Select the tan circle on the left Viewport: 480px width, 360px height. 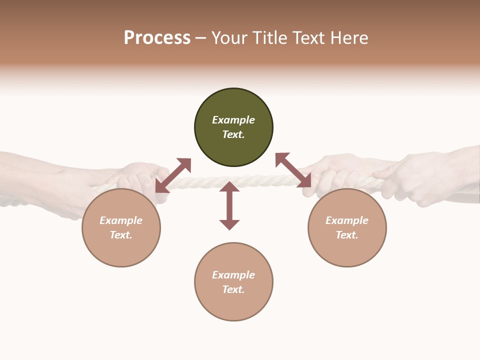pos(121,227)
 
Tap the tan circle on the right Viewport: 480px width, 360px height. pos(347,227)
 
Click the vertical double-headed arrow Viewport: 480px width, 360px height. pos(229,205)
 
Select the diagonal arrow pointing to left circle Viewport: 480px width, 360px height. pos(173,175)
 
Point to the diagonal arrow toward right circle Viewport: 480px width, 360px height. pos(293,170)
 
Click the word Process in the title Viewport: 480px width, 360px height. pos(157,37)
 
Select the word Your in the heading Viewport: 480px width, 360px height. pos(229,37)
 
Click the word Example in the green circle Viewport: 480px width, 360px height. pos(233,120)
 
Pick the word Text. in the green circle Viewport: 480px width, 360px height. pos(233,134)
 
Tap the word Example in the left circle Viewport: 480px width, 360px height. pos(121,220)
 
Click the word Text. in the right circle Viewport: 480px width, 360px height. pos(347,235)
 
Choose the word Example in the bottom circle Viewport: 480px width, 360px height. pos(233,275)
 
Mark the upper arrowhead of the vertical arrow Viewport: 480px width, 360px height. pos(229,186)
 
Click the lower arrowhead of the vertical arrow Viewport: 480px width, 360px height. pos(229,224)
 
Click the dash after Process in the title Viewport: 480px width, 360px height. pos(201,37)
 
